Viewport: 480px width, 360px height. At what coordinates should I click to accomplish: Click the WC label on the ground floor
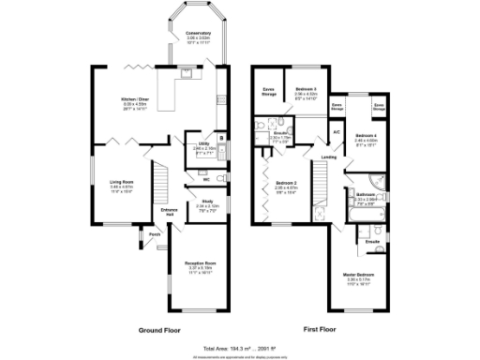(203, 179)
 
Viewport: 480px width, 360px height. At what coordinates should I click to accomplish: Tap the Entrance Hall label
(170, 212)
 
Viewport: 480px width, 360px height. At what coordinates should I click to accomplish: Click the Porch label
(153, 234)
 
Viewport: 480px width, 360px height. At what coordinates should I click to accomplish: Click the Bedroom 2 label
(286, 186)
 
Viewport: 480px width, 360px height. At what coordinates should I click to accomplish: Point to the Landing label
(329, 157)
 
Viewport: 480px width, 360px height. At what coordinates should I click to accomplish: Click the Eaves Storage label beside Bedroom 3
(267, 92)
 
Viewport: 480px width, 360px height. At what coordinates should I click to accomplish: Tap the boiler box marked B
(218, 138)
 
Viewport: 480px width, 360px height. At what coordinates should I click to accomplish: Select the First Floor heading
(321, 330)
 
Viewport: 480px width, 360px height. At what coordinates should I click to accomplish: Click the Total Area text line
(240, 348)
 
